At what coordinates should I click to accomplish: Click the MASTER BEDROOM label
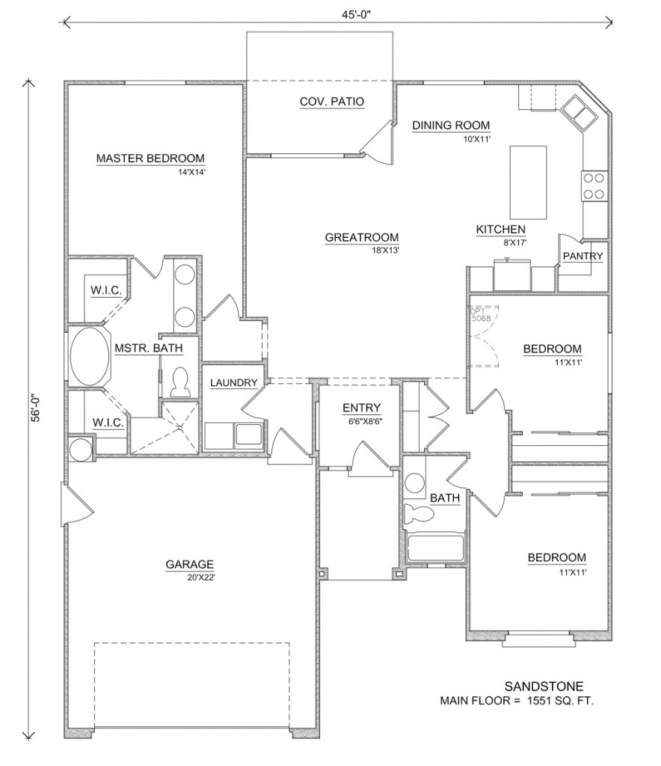click(x=150, y=158)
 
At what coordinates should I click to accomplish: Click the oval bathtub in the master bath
click(x=90, y=358)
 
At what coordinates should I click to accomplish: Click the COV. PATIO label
click(x=332, y=102)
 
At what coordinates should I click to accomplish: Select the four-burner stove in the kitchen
click(x=594, y=186)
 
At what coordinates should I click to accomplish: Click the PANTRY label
click(x=582, y=257)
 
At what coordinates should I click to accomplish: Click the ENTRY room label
click(x=361, y=408)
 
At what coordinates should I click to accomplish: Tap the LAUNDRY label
click(x=233, y=383)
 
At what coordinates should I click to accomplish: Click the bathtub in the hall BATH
click(x=436, y=548)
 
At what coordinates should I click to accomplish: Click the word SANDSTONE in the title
click(x=544, y=686)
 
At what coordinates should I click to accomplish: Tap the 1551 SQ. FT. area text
click(x=561, y=701)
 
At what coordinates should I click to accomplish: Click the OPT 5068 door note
click(x=481, y=314)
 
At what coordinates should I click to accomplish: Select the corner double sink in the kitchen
click(x=580, y=111)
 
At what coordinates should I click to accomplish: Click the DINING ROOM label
click(x=451, y=125)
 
